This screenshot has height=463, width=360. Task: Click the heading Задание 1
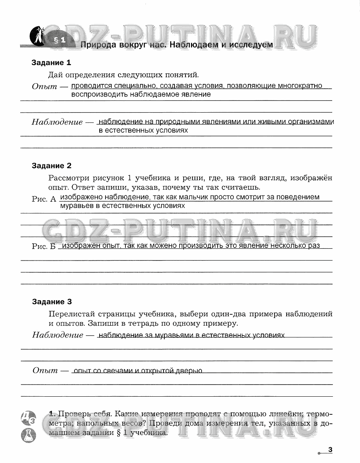51,63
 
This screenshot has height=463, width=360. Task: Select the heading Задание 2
51,166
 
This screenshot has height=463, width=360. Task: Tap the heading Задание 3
52,302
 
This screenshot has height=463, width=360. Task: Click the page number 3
330,450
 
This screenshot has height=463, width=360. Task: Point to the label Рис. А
44,199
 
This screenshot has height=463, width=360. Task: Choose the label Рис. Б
44,246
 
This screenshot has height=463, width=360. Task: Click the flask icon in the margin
29,435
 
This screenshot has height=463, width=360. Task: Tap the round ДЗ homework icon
29,417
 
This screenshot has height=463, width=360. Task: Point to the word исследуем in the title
251,45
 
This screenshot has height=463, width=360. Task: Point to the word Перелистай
73,314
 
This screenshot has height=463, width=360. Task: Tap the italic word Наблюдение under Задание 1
57,122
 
